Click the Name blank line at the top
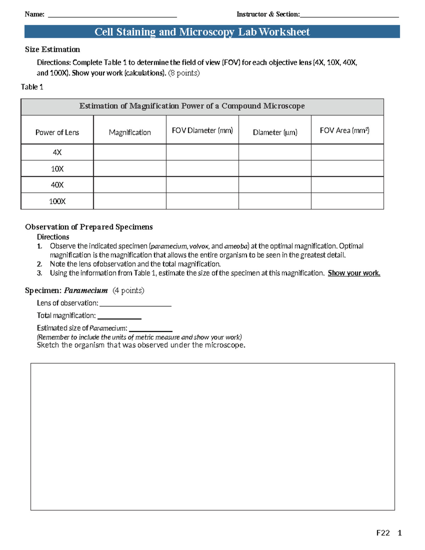pyautogui.click(x=112, y=16)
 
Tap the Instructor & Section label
pyautogui.click(x=268, y=14)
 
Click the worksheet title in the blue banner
pyautogui.click(x=202, y=32)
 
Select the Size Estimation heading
pyautogui.click(x=52, y=49)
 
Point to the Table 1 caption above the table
pyautogui.click(x=32, y=87)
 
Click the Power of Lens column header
pyautogui.click(x=57, y=132)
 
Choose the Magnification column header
pyautogui.click(x=130, y=132)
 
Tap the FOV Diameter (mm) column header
pyautogui.click(x=202, y=130)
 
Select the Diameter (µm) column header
pyautogui.click(x=275, y=132)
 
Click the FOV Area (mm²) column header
pyautogui.click(x=344, y=130)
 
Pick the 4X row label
pyautogui.click(x=57, y=152)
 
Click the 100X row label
pyautogui.click(x=57, y=201)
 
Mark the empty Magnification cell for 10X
pyautogui.click(x=130, y=169)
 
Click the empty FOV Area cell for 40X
pyautogui.click(x=347, y=185)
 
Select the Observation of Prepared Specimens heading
pyautogui.click(x=89, y=227)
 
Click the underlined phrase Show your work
pyautogui.click(x=354, y=273)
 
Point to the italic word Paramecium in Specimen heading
pyautogui.click(x=86, y=290)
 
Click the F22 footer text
pyautogui.click(x=383, y=533)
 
